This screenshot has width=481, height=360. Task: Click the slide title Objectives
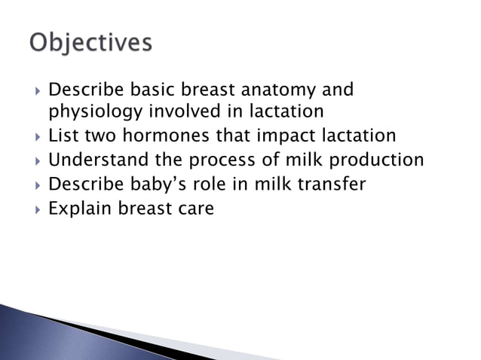click(90, 43)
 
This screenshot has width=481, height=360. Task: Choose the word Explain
click(80, 208)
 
